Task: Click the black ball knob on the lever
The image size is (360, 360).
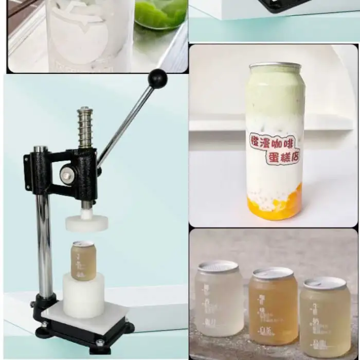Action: pos(157,79)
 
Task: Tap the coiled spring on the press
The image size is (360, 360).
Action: pos(85,128)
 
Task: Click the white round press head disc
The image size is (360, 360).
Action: pos(86,222)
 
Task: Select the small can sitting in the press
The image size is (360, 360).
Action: pos(83,260)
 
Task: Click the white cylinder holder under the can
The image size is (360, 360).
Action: pos(83,295)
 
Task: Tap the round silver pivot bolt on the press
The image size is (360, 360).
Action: pos(67,175)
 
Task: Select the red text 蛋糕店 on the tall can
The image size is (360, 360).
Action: pos(282,157)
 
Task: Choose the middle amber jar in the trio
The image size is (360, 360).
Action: pos(273,306)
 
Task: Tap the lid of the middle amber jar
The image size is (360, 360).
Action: pos(273,273)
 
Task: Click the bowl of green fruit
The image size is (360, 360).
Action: pos(160,14)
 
